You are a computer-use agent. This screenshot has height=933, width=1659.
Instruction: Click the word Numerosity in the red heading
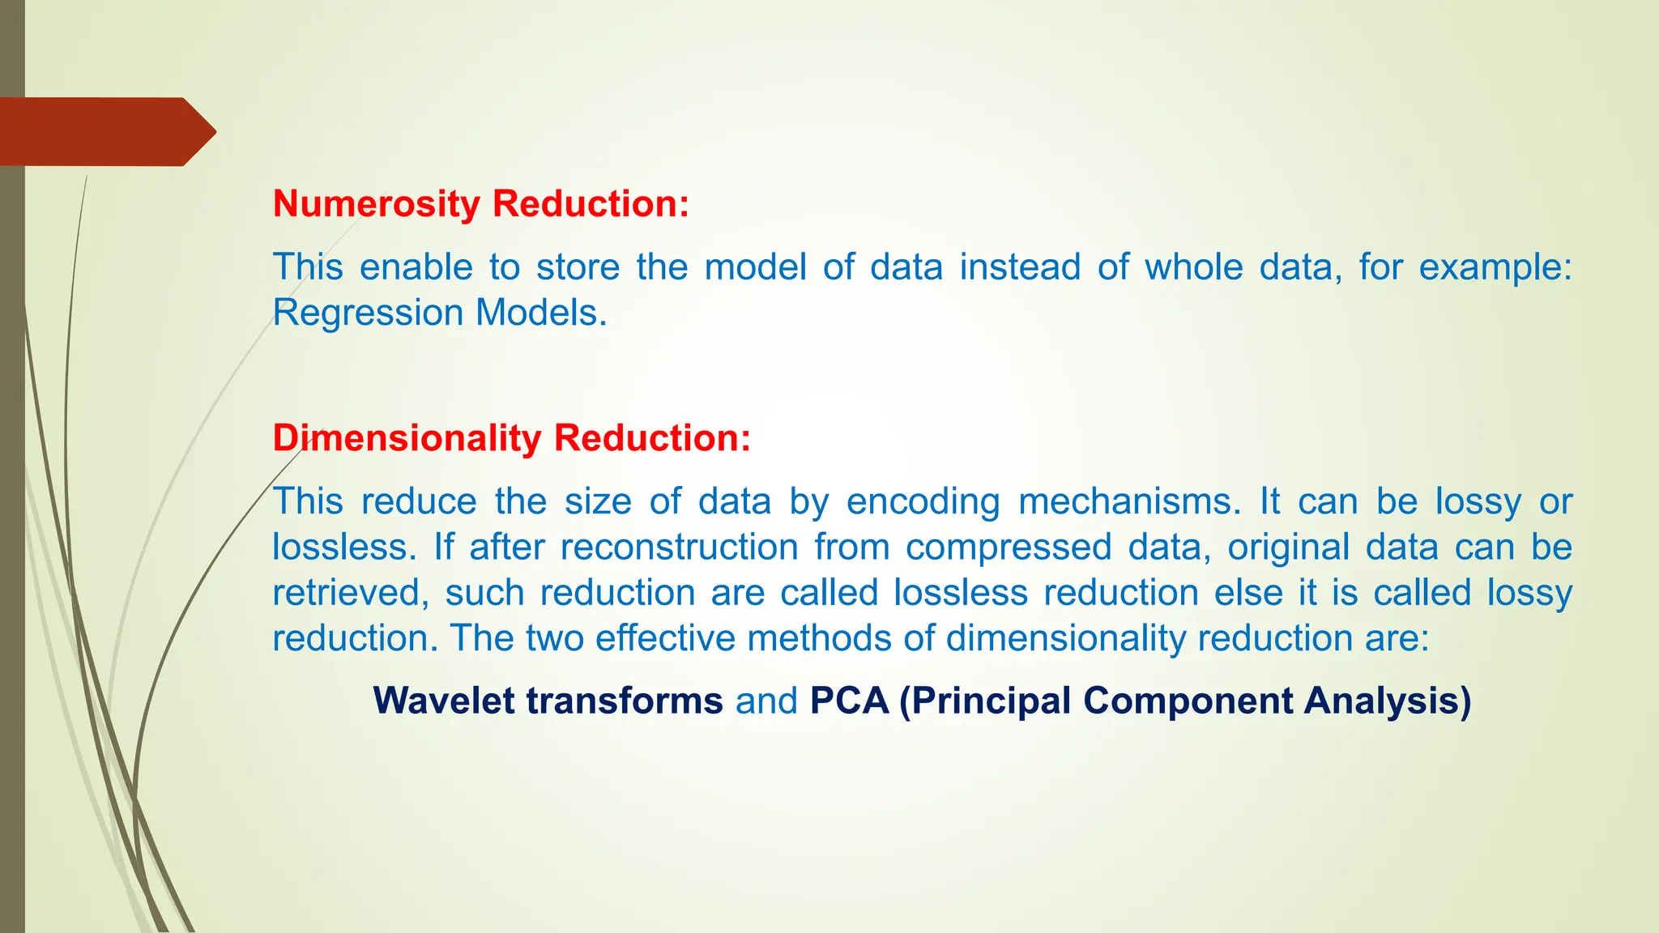(x=377, y=204)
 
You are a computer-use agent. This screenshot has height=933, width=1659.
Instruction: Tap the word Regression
(x=369, y=313)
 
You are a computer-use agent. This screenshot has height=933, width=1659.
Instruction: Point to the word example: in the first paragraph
(x=1495, y=268)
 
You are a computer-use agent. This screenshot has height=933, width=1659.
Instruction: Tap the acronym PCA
(x=849, y=701)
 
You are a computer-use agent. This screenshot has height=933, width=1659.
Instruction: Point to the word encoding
(x=923, y=503)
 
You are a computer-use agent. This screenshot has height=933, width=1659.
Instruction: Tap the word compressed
(x=1009, y=548)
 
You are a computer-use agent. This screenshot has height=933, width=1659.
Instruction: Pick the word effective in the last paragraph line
(x=665, y=638)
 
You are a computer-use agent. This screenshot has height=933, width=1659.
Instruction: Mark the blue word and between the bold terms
(x=766, y=701)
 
